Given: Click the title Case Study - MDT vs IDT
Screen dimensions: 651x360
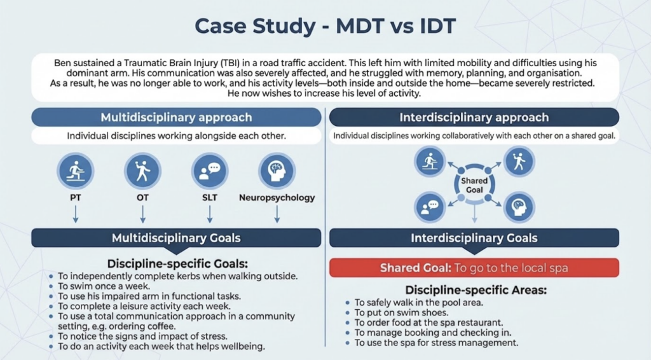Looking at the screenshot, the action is click(325, 25).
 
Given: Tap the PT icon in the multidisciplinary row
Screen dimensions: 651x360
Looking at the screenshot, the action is click(75, 170).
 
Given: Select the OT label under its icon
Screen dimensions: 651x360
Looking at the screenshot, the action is click(142, 198).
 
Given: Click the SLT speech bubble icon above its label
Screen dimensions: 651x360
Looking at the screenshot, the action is click(210, 170).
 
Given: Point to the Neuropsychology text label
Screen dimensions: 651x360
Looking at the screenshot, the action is click(277, 198).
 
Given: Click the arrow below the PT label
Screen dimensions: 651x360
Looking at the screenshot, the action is click(76, 214).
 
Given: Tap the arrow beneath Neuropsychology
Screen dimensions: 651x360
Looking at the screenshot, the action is click(277, 214).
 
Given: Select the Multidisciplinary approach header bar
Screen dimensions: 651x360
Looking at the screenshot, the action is click(177, 117).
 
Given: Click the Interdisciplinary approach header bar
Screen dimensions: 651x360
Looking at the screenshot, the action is click(474, 117).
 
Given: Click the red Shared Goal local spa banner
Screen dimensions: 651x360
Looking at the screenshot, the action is click(474, 268).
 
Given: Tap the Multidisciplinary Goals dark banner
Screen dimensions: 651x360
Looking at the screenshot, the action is click(177, 238).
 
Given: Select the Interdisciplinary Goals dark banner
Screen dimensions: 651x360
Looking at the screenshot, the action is click(474, 238).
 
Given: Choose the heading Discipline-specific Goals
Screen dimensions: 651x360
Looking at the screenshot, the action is click(177, 264).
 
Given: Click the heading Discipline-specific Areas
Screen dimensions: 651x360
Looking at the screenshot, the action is click(476, 290).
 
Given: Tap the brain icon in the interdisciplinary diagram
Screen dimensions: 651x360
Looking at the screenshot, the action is click(519, 207).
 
